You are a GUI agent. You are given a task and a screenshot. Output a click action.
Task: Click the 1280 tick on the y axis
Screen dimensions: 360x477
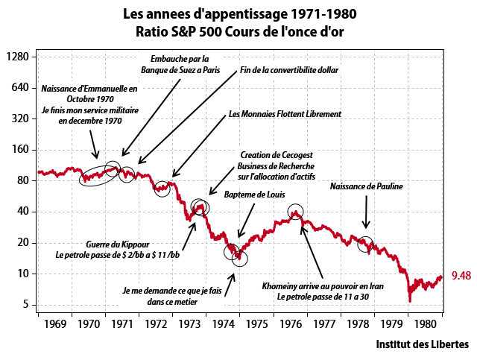pyautogui.click(x=16, y=57)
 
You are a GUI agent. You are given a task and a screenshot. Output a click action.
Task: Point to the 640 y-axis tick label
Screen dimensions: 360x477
pyautogui.click(x=19, y=88)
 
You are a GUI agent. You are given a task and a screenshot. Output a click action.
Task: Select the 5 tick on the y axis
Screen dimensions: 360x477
pyautogui.click(x=26, y=304)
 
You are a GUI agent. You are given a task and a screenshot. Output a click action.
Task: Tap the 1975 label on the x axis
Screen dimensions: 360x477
pyautogui.click(x=257, y=325)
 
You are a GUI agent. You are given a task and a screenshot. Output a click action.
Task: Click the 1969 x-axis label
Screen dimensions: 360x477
pyautogui.click(x=54, y=325)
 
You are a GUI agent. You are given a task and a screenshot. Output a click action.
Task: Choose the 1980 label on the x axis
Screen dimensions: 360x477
pyautogui.click(x=426, y=325)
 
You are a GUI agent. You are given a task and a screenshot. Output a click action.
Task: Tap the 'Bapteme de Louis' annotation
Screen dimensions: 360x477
pyautogui.click(x=245, y=194)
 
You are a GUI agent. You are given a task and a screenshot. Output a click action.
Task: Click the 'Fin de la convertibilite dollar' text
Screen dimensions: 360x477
pyautogui.click(x=289, y=71)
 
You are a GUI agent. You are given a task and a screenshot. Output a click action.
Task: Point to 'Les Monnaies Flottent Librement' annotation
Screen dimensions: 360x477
pyautogui.click(x=285, y=114)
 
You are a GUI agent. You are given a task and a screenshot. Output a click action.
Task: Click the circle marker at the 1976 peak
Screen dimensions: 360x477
pyautogui.click(x=296, y=212)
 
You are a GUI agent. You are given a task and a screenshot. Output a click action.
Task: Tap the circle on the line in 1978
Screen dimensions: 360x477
pyautogui.click(x=365, y=243)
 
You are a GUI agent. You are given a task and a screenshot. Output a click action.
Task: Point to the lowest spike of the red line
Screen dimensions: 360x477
pyautogui.click(x=409, y=300)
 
